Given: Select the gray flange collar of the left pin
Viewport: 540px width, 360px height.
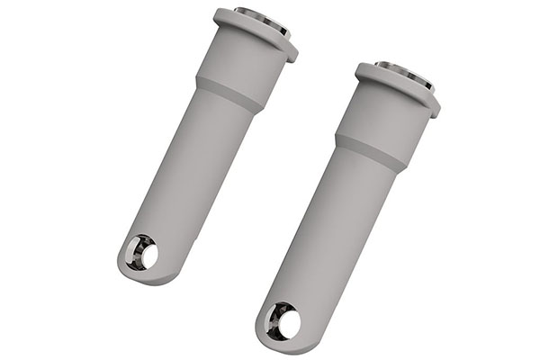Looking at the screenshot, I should click(x=256, y=35).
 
